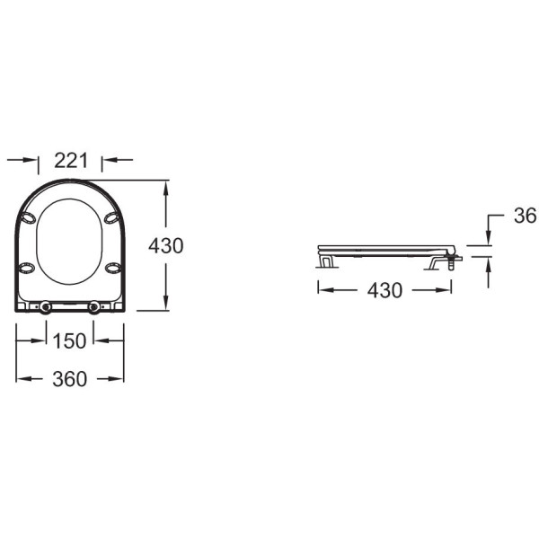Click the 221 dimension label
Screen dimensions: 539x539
(71, 161)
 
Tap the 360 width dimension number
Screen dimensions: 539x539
(69, 379)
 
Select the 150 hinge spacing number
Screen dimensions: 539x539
(69, 341)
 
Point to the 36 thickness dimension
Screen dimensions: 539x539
(525, 216)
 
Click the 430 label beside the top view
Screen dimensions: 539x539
(166, 246)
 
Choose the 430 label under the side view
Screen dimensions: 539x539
(384, 290)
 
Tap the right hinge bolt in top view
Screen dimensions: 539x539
(93, 307)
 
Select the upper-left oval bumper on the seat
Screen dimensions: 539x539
(28, 217)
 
